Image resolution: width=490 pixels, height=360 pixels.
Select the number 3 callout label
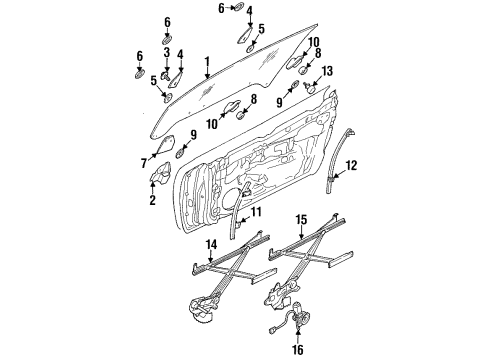coord(166,66)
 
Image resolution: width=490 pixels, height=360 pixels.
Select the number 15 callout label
coord(300,246)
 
